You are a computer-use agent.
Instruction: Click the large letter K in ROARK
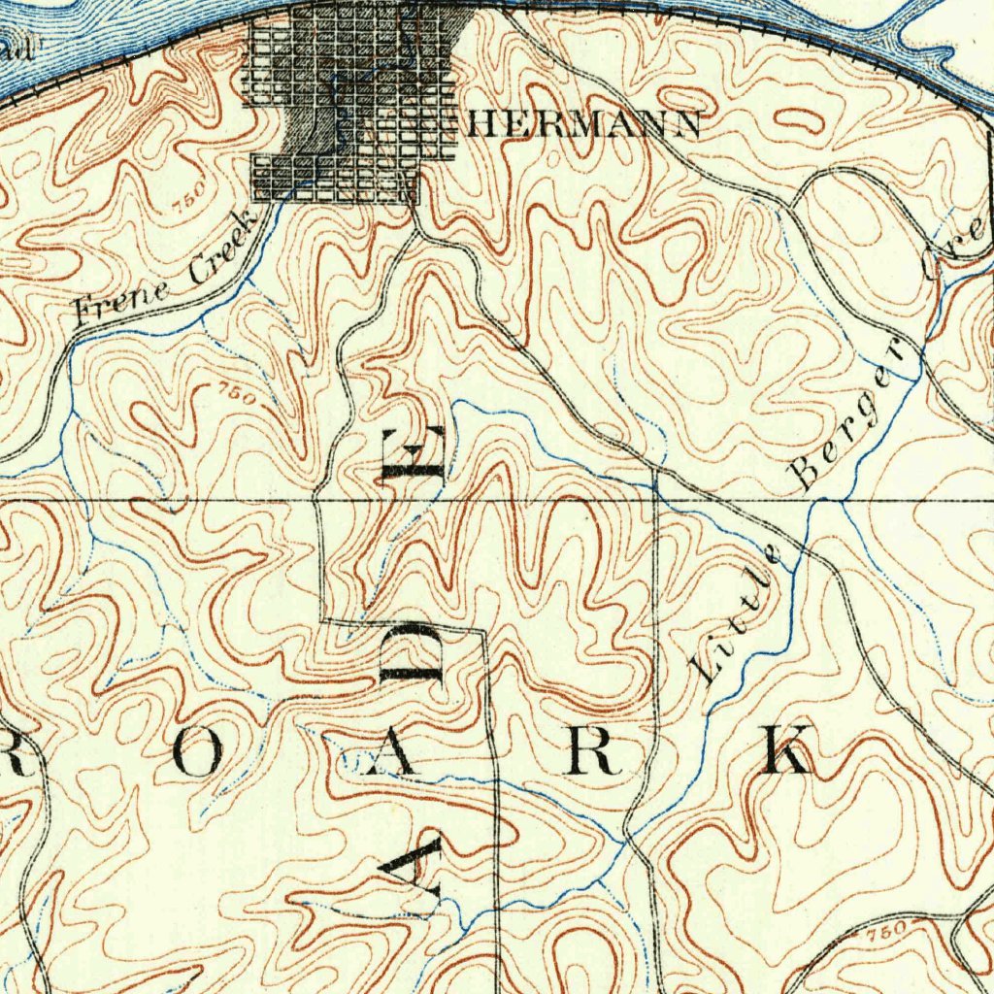(x=784, y=749)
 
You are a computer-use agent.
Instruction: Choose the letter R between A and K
(x=595, y=751)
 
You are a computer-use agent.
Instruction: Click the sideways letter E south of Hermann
(x=413, y=454)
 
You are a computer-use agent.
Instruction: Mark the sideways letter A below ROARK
(x=414, y=866)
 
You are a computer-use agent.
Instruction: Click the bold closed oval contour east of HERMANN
(x=798, y=121)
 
